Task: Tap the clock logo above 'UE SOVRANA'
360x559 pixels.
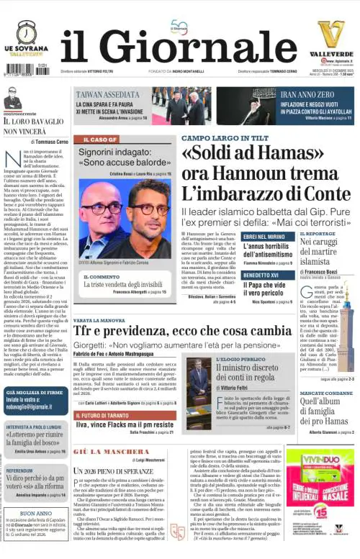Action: coord(28,32)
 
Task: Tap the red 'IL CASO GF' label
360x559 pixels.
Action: coord(100,140)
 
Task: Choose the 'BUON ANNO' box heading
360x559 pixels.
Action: coord(35,513)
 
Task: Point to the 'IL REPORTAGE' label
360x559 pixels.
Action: coord(317,234)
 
